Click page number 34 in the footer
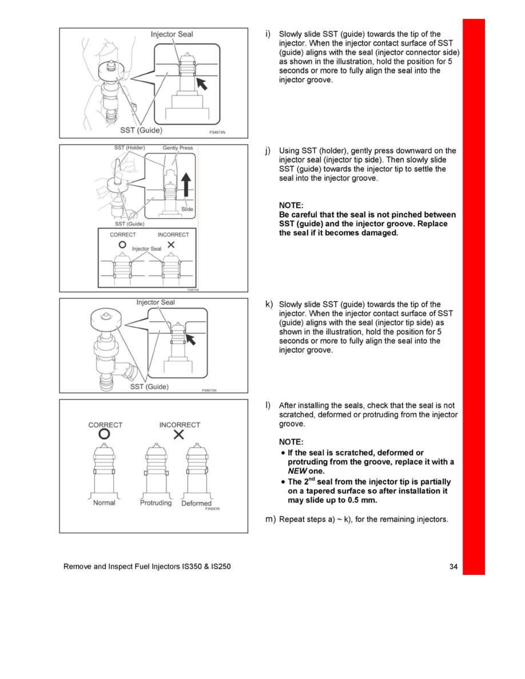454,567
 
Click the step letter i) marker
268,34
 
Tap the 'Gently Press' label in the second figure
178,148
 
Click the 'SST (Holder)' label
130,148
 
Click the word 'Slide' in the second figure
187,209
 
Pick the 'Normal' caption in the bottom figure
104,503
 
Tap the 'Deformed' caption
196,504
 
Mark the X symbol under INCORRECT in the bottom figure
179,436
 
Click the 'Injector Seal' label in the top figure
172,34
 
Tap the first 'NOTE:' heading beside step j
291,205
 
